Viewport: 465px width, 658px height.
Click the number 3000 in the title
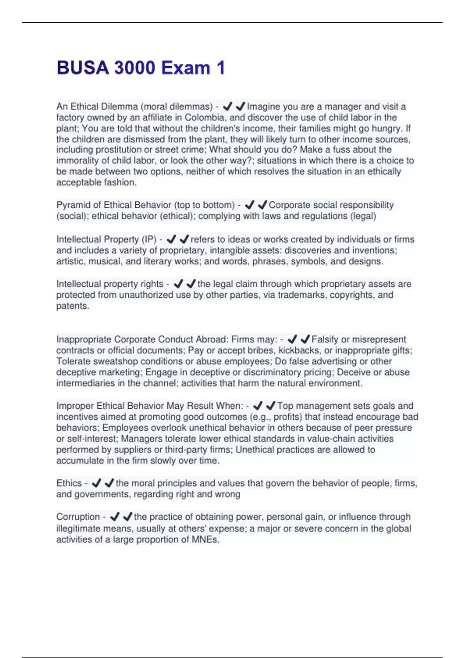[134, 68]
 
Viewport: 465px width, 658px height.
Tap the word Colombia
[205, 117]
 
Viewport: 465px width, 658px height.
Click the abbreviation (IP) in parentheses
[149, 239]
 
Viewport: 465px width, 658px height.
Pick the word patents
[72, 306]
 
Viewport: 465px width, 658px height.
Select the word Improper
[75, 406]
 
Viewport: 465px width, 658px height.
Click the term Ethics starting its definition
[69, 483]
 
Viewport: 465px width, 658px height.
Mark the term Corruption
[78, 517]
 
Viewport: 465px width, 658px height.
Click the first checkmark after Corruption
[115, 517]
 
